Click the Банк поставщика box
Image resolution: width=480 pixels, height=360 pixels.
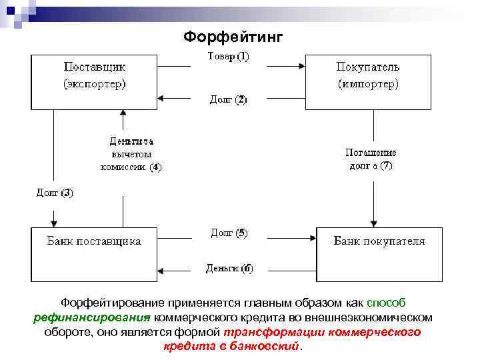point(94,253)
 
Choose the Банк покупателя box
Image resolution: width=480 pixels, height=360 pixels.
point(379,253)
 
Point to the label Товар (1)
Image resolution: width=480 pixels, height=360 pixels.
point(229,57)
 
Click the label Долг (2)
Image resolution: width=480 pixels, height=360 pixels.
point(229,99)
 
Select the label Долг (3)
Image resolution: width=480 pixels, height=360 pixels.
point(55,193)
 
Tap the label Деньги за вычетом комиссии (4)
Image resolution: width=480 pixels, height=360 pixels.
point(131,154)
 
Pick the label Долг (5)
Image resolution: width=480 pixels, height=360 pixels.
point(229,233)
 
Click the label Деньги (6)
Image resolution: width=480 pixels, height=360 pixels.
point(229,269)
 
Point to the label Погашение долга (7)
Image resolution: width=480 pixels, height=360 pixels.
point(371,159)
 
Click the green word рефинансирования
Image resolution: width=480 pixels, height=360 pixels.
point(93,317)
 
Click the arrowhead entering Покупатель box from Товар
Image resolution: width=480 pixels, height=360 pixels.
point(301,65)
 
